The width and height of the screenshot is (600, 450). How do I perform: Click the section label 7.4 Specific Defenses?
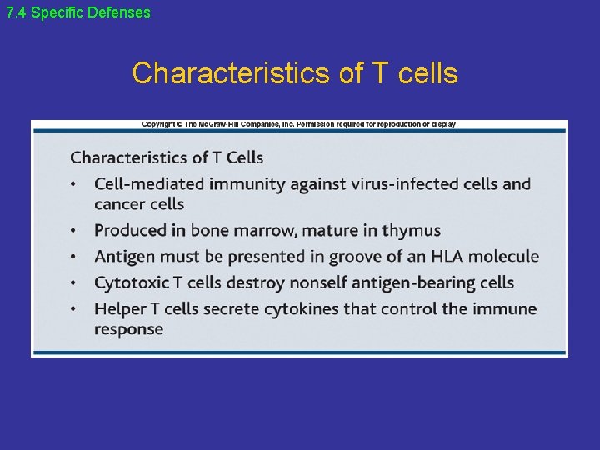78,12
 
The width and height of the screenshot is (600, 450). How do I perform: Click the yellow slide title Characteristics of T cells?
295,73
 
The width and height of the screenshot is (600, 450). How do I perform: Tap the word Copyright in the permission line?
158,124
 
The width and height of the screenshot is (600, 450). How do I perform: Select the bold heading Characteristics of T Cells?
167,157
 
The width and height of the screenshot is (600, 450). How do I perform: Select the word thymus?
411,230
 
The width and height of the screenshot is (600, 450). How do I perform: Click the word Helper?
120,308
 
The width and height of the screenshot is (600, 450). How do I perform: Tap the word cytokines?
299,308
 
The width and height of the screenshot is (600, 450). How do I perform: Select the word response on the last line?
128,329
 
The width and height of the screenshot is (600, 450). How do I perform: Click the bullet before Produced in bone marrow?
74,231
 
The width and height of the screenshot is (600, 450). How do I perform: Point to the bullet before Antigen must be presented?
74,257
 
